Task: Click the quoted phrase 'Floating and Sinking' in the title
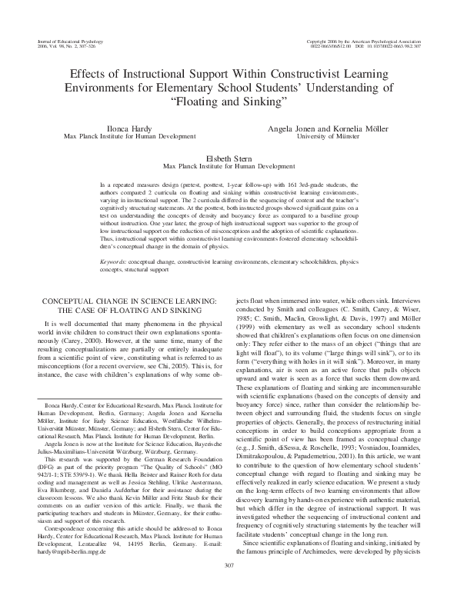click(228, 101)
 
